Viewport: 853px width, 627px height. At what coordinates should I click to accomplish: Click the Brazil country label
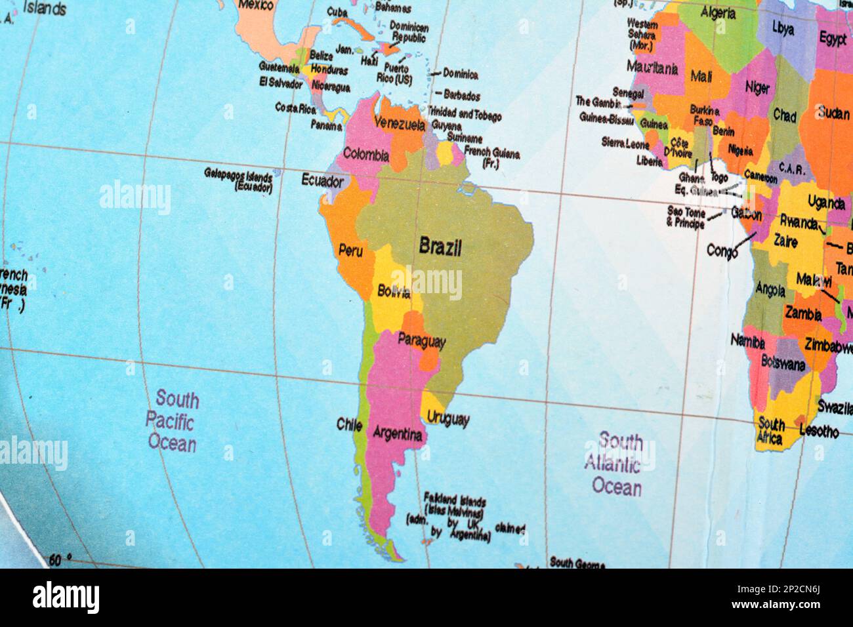pos(440,247)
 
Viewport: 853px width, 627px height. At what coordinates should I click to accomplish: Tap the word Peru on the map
pos(351,250)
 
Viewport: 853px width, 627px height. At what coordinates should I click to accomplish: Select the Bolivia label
pos(394,291)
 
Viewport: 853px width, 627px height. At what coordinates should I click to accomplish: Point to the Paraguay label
pos(422,341)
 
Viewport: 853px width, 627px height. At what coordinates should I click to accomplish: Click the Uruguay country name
pos(448,418)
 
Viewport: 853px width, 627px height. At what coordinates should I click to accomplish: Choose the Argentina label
pos(397,434)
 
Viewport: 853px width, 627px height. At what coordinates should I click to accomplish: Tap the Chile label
pos(349,424)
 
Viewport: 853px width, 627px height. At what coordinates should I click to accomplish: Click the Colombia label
pos(366,156)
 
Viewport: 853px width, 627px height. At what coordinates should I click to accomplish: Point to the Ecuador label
pos(322,179)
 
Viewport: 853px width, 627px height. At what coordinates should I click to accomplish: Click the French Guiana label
pos(491,157)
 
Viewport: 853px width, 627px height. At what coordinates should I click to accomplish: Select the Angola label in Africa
pos(770,288)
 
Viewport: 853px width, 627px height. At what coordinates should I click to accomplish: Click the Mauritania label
pos(652,67)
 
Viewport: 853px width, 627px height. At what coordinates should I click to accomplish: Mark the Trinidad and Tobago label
pos(465,113)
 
